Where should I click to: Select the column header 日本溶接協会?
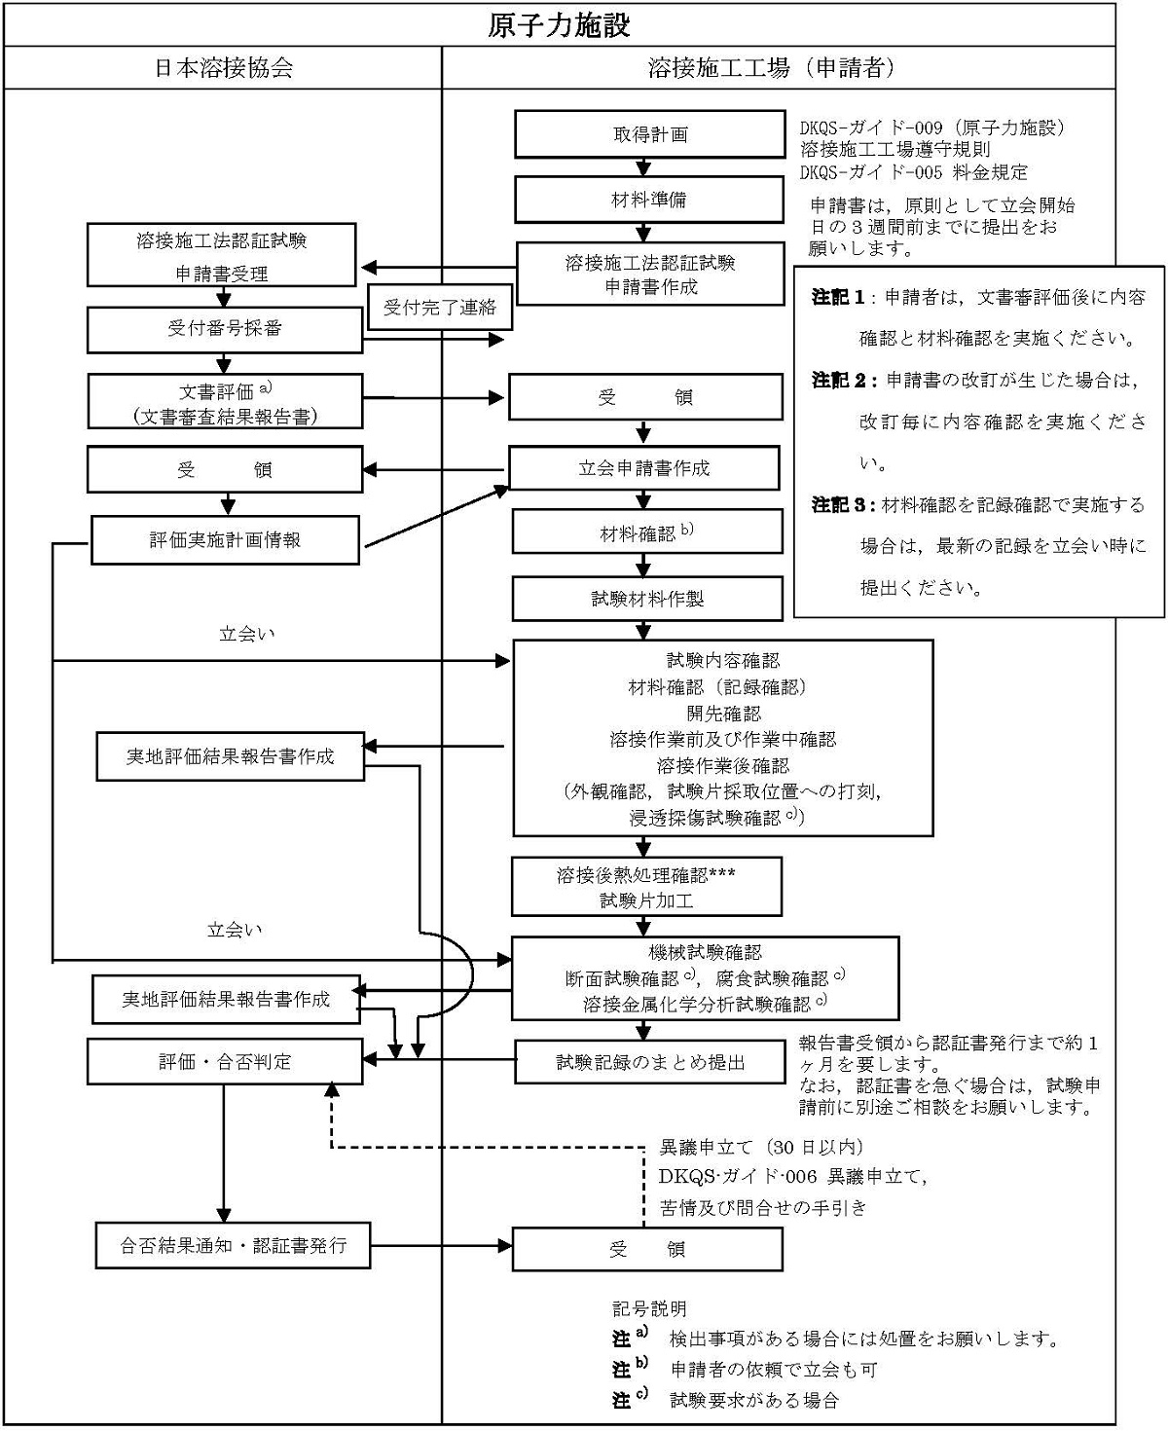[224, 68]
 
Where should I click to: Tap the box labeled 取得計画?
[649, 134]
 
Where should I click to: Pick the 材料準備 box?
[649, 200]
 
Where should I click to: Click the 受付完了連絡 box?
[440, 308]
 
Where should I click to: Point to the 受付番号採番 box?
[225, 329]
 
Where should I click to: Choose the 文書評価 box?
[225, 401]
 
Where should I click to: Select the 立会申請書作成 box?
[643, 468]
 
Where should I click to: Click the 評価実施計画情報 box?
[225, 539]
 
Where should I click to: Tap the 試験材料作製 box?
[647, 599]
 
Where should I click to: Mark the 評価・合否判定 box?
[225, 1061]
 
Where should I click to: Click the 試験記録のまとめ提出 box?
[649, 1062]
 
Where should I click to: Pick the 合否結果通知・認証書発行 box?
[233, 1245]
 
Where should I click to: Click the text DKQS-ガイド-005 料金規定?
[913, 172]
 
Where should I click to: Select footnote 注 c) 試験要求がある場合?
[725, 1401]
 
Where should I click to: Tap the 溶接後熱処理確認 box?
[646, 887]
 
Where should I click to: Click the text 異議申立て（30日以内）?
[761, 1147]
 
